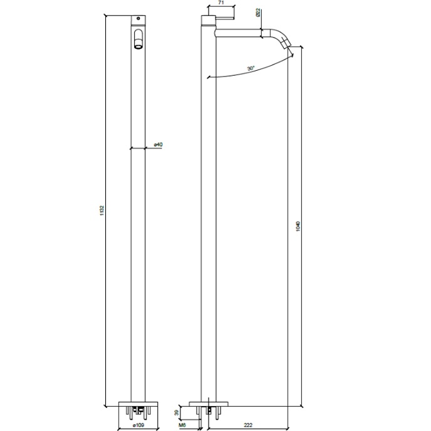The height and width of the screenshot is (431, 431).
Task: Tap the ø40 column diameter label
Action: pos(158,145)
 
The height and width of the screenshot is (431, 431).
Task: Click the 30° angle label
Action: pos(251,68)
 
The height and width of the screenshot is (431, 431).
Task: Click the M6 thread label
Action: pos(182,424)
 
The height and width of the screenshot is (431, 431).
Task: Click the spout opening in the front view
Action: pos(138,43)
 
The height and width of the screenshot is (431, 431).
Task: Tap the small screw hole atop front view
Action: pos(138,19)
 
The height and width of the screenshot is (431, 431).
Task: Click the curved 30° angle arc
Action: pos(251,74)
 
